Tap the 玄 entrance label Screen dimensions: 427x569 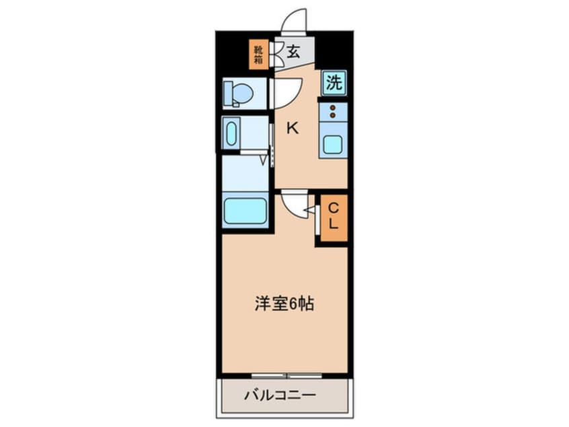(x=294, y=52)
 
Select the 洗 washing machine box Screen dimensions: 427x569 (x=334, y=83)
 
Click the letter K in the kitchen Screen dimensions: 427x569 (x=293, y=128)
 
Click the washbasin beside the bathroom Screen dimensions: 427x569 (x=232, y=133)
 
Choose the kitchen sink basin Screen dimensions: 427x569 (x=333, y=144)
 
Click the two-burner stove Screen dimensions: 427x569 (x=333, y=111)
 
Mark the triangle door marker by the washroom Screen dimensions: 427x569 (x=264, y=160)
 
